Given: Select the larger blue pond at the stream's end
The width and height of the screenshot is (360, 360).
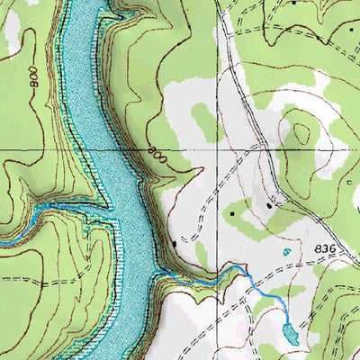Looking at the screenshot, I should [x=290, y=335].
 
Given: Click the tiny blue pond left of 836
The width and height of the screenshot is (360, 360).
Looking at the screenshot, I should [x=287, y=253].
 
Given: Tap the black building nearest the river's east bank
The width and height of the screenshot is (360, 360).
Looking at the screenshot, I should [x=174, y=243].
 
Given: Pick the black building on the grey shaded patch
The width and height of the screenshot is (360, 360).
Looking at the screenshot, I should [x=269, y=206].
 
